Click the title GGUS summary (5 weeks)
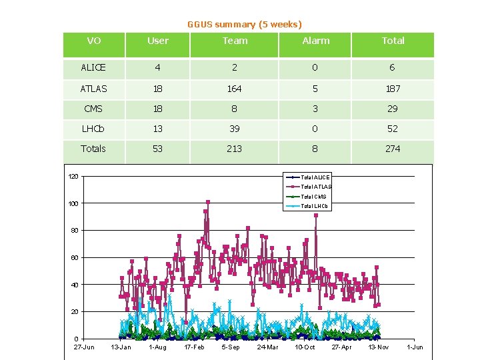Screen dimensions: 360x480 244,24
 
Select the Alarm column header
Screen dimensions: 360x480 315,41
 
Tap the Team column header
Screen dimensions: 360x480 235,41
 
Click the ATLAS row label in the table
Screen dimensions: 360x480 93,88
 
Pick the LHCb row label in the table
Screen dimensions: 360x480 93,129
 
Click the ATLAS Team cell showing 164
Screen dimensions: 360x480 234,88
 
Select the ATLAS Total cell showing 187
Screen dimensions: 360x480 393,88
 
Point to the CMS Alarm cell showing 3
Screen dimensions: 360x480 315,109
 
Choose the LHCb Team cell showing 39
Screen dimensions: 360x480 234,129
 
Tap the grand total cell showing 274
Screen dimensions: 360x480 393,149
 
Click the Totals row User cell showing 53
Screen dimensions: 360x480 157,149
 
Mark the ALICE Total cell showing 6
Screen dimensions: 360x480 393,67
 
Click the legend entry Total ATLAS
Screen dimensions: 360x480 315,187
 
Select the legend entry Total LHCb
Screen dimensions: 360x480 315,206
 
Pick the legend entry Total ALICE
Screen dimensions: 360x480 315,177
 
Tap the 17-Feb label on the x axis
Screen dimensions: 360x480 194,347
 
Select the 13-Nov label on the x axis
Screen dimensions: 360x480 378,347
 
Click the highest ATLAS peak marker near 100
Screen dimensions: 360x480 208,201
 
